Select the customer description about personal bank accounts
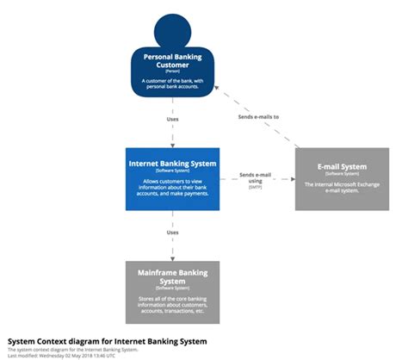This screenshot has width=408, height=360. pyautogui.click(x=172, y=84)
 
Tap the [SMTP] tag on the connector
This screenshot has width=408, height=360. pyautogui.click(x=256, y=187)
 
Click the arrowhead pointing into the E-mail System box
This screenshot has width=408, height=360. pyautogui.click(x=292, y=180)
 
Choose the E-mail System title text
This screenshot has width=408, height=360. pyautogui.click(x=342, y=166)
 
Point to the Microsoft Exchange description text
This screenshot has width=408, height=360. pyautogui.click(x=342, y=186)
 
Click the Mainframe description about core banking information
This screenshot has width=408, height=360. pyautogui.click(x=172, y=304)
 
